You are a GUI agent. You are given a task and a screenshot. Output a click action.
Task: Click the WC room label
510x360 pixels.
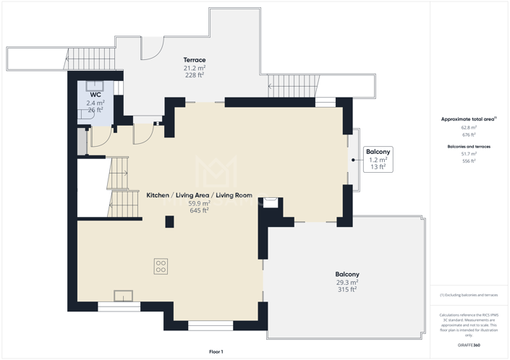(95, 95)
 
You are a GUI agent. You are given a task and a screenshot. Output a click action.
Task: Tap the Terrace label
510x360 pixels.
(194, 60)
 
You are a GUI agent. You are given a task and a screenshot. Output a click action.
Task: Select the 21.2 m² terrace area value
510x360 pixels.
(194, 68)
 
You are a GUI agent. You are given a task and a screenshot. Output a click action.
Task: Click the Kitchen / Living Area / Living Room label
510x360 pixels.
(199, 195)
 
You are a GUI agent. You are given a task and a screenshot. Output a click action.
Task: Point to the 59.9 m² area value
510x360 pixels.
(199, 203)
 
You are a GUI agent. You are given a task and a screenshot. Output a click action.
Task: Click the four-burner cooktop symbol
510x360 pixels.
(161, 265)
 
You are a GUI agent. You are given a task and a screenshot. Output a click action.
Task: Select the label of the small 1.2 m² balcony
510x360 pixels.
(378, 152)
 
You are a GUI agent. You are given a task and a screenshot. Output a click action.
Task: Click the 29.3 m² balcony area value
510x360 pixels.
(347, 282)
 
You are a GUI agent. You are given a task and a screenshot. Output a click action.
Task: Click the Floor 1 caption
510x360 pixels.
(216, 351)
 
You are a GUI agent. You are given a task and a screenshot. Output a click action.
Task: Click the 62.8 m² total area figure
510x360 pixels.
(469, 127)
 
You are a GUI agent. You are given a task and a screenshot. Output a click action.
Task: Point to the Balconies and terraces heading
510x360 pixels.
(469, 147)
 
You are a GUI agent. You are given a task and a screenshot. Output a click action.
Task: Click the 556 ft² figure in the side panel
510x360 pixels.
(469, 161)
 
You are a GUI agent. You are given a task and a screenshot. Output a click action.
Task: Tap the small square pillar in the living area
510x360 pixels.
(169, 222)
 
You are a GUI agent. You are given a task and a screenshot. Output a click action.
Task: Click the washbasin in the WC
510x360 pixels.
(95, 86)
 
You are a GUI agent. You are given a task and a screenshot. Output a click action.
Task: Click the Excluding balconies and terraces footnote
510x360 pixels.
(469, 295)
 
